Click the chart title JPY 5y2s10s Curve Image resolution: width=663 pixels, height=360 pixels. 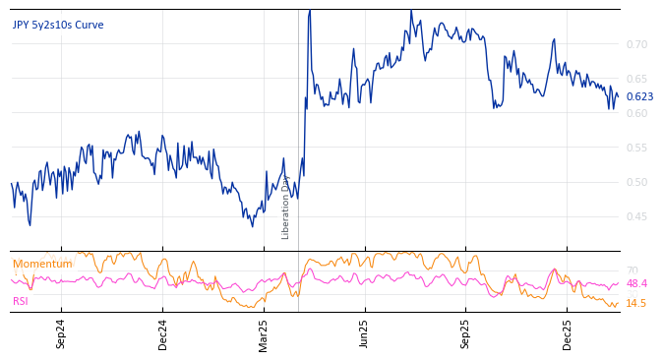click(58, 26)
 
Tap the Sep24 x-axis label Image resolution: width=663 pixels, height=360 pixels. click(61, 333)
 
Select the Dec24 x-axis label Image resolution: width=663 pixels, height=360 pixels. click(163, 333)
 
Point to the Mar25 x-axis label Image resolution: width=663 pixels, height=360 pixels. click(264, 333)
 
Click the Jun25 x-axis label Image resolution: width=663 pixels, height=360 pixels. click(365, 333)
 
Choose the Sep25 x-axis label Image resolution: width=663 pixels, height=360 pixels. click(466, 333)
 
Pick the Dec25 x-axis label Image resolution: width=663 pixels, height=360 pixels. click(568, 333)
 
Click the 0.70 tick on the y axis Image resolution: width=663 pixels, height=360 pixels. click(636, 44)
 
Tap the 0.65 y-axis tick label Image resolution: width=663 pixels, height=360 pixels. click(636, 79)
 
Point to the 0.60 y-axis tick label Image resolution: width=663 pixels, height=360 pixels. click(636, 113)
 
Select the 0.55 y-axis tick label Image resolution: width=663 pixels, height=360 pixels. click(636, 148)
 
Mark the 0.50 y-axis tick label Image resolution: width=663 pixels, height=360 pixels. click(636, 182)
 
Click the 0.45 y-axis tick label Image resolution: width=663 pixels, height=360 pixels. click(636, 216)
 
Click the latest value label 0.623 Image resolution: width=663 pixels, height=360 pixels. click(639, 96)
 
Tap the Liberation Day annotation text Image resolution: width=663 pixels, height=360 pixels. click(286, 207)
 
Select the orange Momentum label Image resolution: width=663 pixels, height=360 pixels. click(42, 264)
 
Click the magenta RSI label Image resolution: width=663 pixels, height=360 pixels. click(21, 301)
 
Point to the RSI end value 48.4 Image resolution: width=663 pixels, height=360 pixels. click(636, 283)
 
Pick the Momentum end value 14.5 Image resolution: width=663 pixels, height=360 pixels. click(636, 303)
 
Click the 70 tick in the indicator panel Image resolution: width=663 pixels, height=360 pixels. click(633, 270)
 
